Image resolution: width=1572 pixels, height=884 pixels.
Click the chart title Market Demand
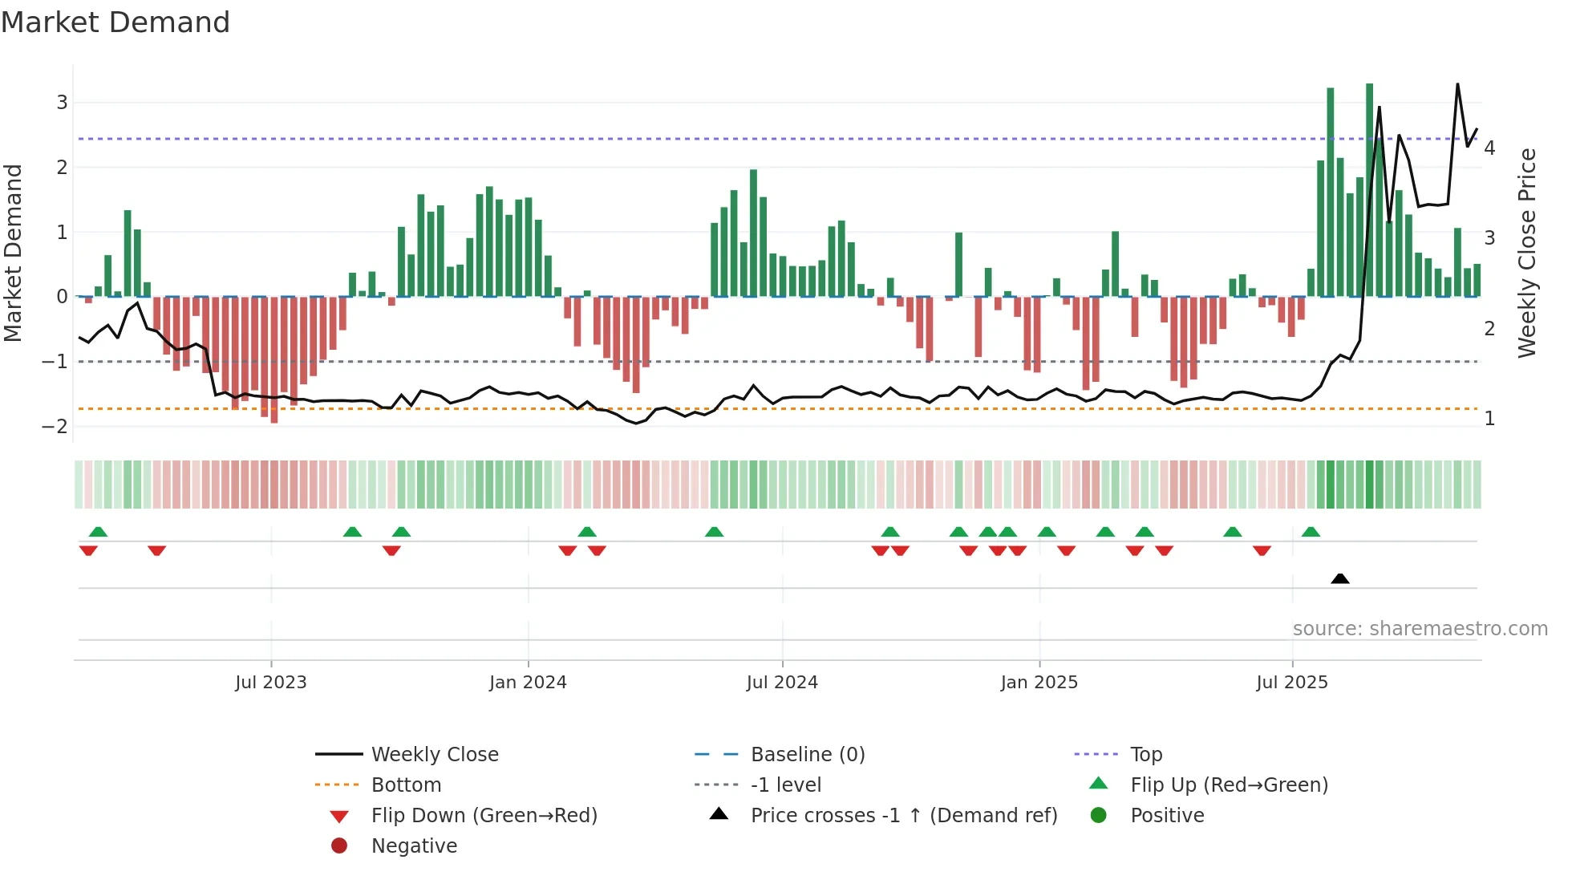tap(115, 22)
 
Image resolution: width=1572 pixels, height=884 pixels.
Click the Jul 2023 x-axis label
tap(270, 683)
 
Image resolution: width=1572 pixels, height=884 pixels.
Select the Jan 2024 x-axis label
tap(528, 683)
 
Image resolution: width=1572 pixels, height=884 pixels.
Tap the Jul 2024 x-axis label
tap(782, 683)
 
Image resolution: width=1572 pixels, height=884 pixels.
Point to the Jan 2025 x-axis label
tap(1039, 683)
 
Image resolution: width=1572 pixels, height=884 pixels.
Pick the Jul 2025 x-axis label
tap(1292, 683)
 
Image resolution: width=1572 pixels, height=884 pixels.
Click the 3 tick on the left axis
tap(62, 103)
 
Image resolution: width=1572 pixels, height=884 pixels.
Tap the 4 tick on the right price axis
tap(1489, 148)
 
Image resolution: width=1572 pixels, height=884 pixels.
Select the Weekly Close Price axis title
tap(1527, 253)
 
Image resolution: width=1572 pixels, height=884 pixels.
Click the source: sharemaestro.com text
tap(1420, 629)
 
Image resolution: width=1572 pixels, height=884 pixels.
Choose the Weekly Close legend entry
tap(434, 755)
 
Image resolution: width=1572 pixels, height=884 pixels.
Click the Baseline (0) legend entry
tap(807, 755)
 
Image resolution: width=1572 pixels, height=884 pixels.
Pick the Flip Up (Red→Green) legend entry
tap(1229, 785)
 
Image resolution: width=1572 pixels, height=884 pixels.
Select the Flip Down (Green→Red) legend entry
tap(484, 816)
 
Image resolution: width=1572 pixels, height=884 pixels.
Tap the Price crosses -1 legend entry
tap(903, 816)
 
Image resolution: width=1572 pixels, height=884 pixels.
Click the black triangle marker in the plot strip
tap(1339, 578)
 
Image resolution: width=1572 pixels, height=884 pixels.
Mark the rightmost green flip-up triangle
tap(1311, 532)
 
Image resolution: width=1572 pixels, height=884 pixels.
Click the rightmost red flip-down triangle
tap(1262, 550)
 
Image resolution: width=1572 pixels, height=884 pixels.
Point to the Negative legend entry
tap(414, 846)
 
